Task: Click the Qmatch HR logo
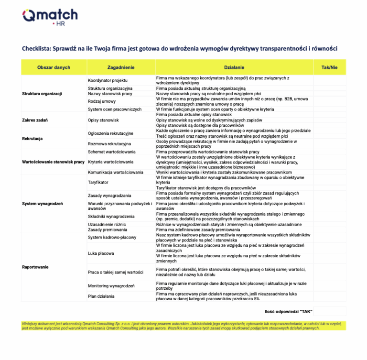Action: point(50,18)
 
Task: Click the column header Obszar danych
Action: point(54,67)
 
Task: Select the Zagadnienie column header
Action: point(121,67)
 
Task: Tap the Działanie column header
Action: point(234,67)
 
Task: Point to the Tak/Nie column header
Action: point(329,67)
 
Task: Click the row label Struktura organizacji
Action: point(42,94)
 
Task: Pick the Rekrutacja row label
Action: point(32,138)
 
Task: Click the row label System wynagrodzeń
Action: point(43,204)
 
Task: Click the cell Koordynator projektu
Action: point(108,80)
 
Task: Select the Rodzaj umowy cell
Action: point(102,101)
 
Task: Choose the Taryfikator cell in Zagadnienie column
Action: point(98,182)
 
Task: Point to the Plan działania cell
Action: point(101,296)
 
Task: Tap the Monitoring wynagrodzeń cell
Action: point(111,285)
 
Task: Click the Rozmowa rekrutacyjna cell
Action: point(109,143)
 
